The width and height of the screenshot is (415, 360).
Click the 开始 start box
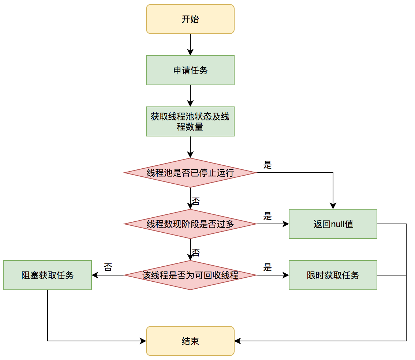click(x=190, y=19)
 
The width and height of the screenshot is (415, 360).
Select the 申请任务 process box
click(x=190, y=70)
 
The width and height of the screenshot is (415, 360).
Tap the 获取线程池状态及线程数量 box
click(x=190, y=121)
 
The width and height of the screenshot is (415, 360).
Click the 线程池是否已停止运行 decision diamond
click(x=190, y=173)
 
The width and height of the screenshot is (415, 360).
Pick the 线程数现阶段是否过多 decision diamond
click(x=190, y=224)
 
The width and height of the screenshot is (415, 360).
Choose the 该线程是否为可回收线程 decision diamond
click(x=190, y=275)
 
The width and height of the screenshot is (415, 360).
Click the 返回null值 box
click(x=333, y=224)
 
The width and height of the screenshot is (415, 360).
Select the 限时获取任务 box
click(x=333, y=275)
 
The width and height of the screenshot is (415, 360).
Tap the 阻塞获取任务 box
click(x=48, y=275)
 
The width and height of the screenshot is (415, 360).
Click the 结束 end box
click(x=190, y=341)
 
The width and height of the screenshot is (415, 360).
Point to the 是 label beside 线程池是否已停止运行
click(x=268, y=165)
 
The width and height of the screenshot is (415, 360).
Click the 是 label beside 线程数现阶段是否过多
click(x=268, y=216)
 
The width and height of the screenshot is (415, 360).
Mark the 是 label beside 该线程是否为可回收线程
click(x=268, y=267)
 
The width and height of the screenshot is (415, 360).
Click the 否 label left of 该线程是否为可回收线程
click(x=108, y=267)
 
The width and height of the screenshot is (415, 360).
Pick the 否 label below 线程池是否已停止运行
click(x=196, y=201)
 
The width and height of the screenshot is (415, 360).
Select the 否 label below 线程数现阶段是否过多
click(x=196, y=252)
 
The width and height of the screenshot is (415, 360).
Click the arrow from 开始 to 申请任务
click(x=190, y=45)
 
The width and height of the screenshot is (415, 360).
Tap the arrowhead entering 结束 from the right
click(x=237, y=341)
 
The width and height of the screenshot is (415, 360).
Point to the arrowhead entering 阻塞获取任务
click(x=94, y=275)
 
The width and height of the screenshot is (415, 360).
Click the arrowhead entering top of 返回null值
click(x=333, y=206)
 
